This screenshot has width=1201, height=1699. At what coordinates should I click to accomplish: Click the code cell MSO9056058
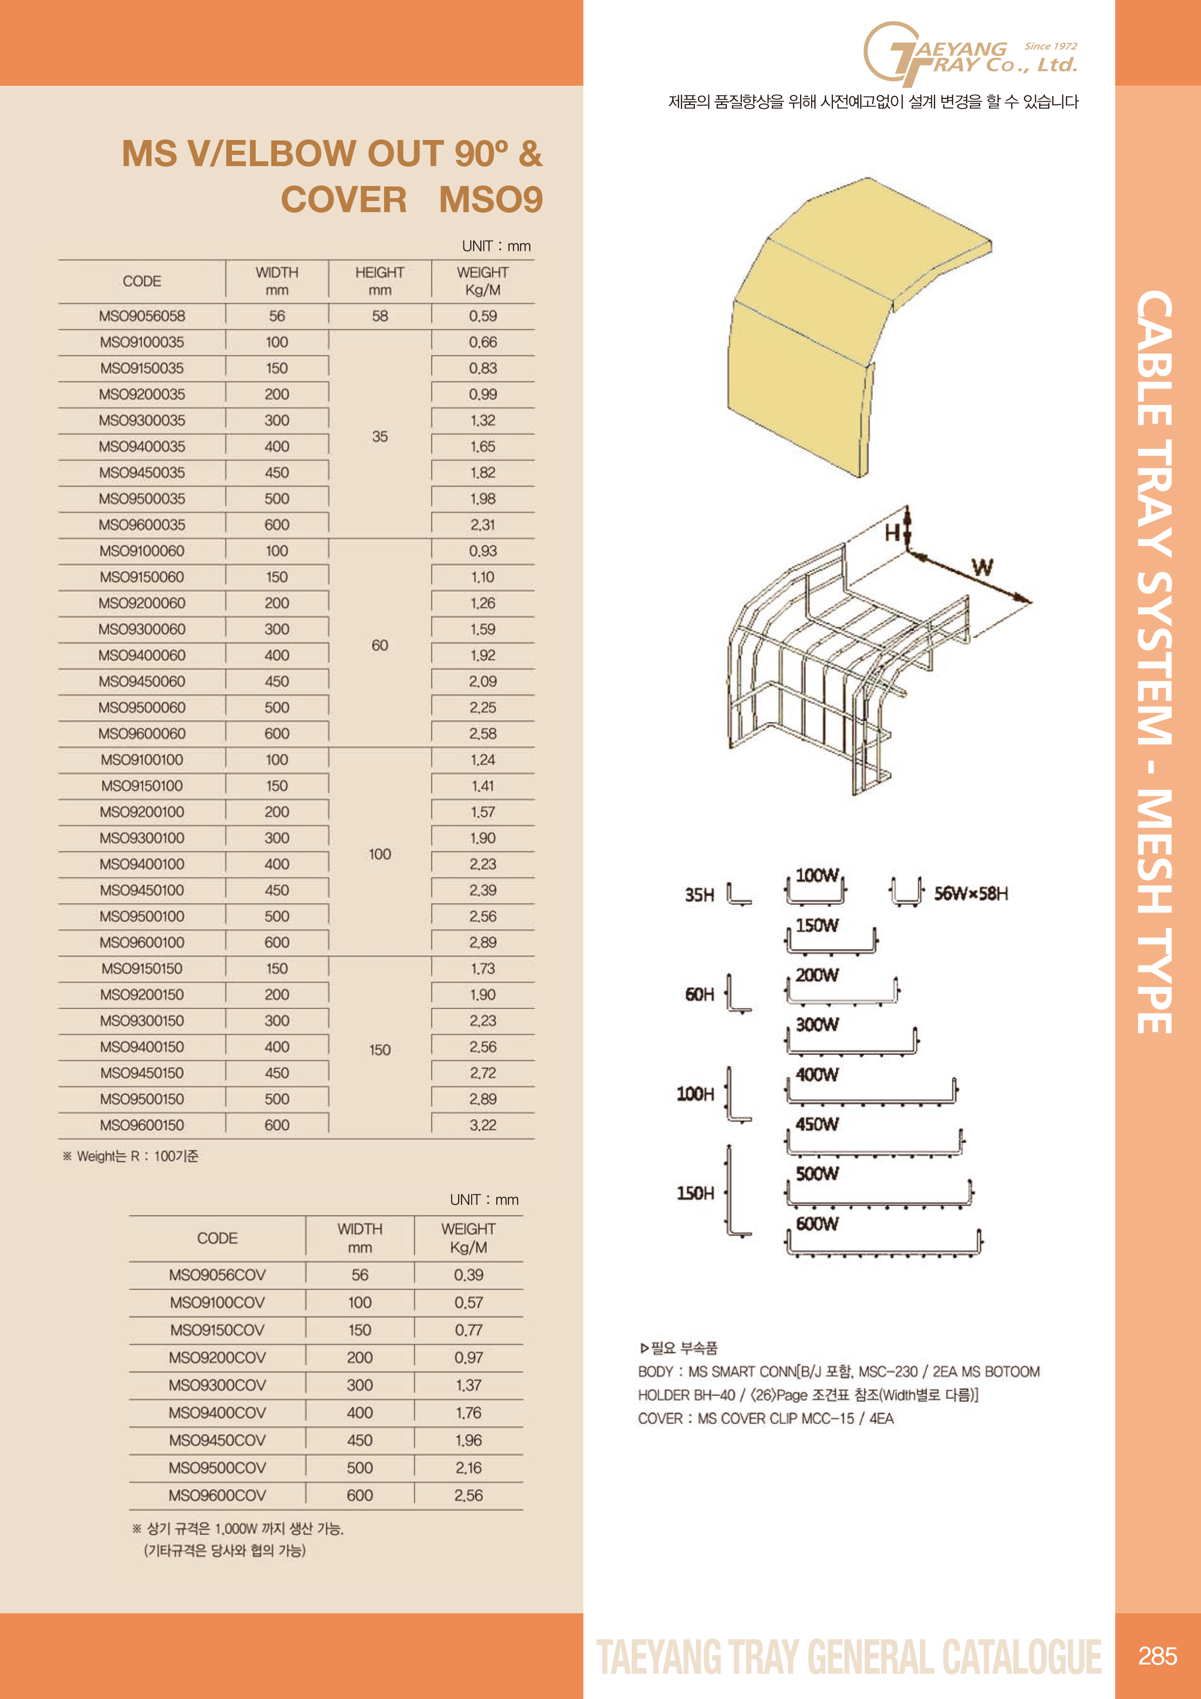[x=142, y=316]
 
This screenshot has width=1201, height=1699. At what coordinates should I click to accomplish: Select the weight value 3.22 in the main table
[x=482, y=1125]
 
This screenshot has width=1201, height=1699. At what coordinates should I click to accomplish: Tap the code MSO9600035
[x=142, y=525]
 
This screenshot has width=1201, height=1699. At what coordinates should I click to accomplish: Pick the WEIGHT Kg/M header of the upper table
[x=482, y=281]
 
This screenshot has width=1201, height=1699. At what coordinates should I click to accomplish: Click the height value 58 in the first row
[x=380, y=316]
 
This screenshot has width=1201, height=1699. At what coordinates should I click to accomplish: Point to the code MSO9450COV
[x=217, y=1440]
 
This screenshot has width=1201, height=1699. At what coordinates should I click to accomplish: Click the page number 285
[x=1157, y=1655]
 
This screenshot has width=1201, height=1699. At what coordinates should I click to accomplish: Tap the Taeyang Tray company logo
[x=970, y=54]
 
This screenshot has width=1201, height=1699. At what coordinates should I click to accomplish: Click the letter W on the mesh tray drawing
[x=982, y=568]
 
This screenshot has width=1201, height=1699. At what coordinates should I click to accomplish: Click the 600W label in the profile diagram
[x=817, y=1224]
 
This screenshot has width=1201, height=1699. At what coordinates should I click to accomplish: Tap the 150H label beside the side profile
[x=695, y=1193]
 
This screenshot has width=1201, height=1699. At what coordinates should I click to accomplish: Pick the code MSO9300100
[x=142, y=838]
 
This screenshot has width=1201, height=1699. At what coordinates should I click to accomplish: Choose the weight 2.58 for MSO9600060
[x=482, y=733]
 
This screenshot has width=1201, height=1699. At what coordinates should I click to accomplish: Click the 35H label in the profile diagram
[x=699, y=895]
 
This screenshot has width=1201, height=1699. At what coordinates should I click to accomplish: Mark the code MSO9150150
[x=142, y=969]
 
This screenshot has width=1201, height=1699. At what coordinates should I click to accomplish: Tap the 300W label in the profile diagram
[x=817, y=1025]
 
